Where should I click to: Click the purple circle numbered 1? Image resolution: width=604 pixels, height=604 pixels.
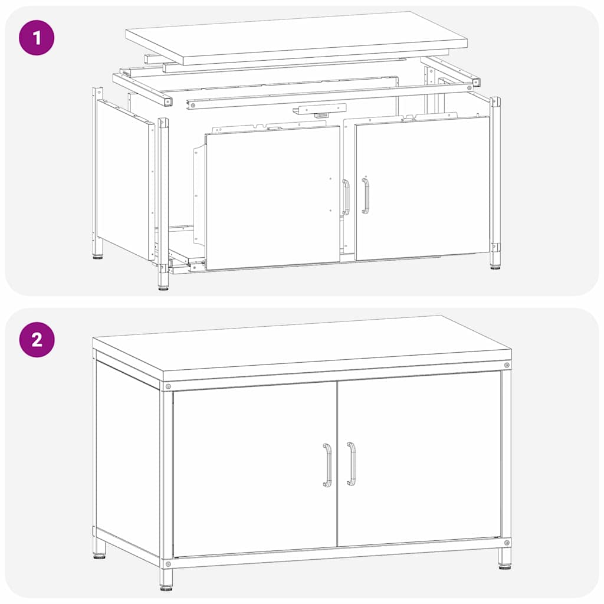37,38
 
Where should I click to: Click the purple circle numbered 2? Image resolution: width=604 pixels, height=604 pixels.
37,340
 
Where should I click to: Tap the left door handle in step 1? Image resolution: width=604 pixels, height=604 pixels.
346,197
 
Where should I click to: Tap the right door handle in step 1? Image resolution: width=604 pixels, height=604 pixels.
365,196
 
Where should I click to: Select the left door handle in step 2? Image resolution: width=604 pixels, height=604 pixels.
327,465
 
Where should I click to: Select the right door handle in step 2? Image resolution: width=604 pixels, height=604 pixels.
351,464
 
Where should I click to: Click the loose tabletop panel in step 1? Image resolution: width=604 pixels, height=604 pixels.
297,38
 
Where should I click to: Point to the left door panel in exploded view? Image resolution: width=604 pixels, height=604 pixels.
273,197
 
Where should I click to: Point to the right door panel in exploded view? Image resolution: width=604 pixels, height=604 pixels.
422,188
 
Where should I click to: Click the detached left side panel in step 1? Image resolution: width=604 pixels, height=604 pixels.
125,179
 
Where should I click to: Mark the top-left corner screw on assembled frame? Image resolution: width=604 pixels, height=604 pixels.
168,386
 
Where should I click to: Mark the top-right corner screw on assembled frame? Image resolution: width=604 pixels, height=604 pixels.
507,365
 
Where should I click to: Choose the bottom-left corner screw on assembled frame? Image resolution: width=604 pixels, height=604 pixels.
168,564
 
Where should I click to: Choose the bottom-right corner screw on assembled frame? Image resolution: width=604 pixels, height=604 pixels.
507,543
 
